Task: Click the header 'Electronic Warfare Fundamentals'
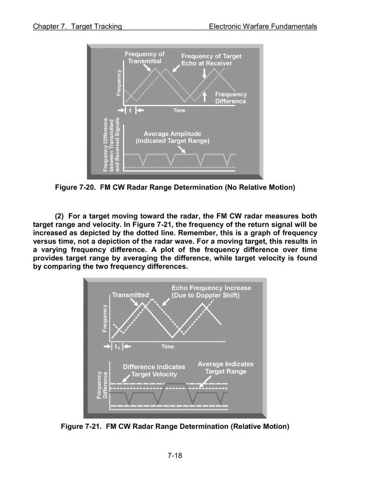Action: click(x=262, y=27)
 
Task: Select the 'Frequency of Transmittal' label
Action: click(x=145, y=58)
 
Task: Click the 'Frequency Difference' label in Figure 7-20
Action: click(x=231, y=97)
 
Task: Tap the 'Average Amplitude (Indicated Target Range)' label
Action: click(x=173, y=138)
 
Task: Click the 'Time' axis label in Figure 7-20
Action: click(x=179, y=110)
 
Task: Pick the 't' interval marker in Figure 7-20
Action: click(x=130, y=110)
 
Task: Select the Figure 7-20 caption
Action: click(x=175, y=187)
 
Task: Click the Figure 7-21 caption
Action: click(x=175, y=426)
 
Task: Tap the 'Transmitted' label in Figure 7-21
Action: click(x=131, y=295)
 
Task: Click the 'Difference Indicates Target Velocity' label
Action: click(x=154, y=371)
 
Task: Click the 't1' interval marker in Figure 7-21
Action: click(x=117, y=347)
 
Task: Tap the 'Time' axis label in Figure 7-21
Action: click(x=167, y=347)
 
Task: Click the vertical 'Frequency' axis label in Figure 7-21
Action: click(x=105, y=318)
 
